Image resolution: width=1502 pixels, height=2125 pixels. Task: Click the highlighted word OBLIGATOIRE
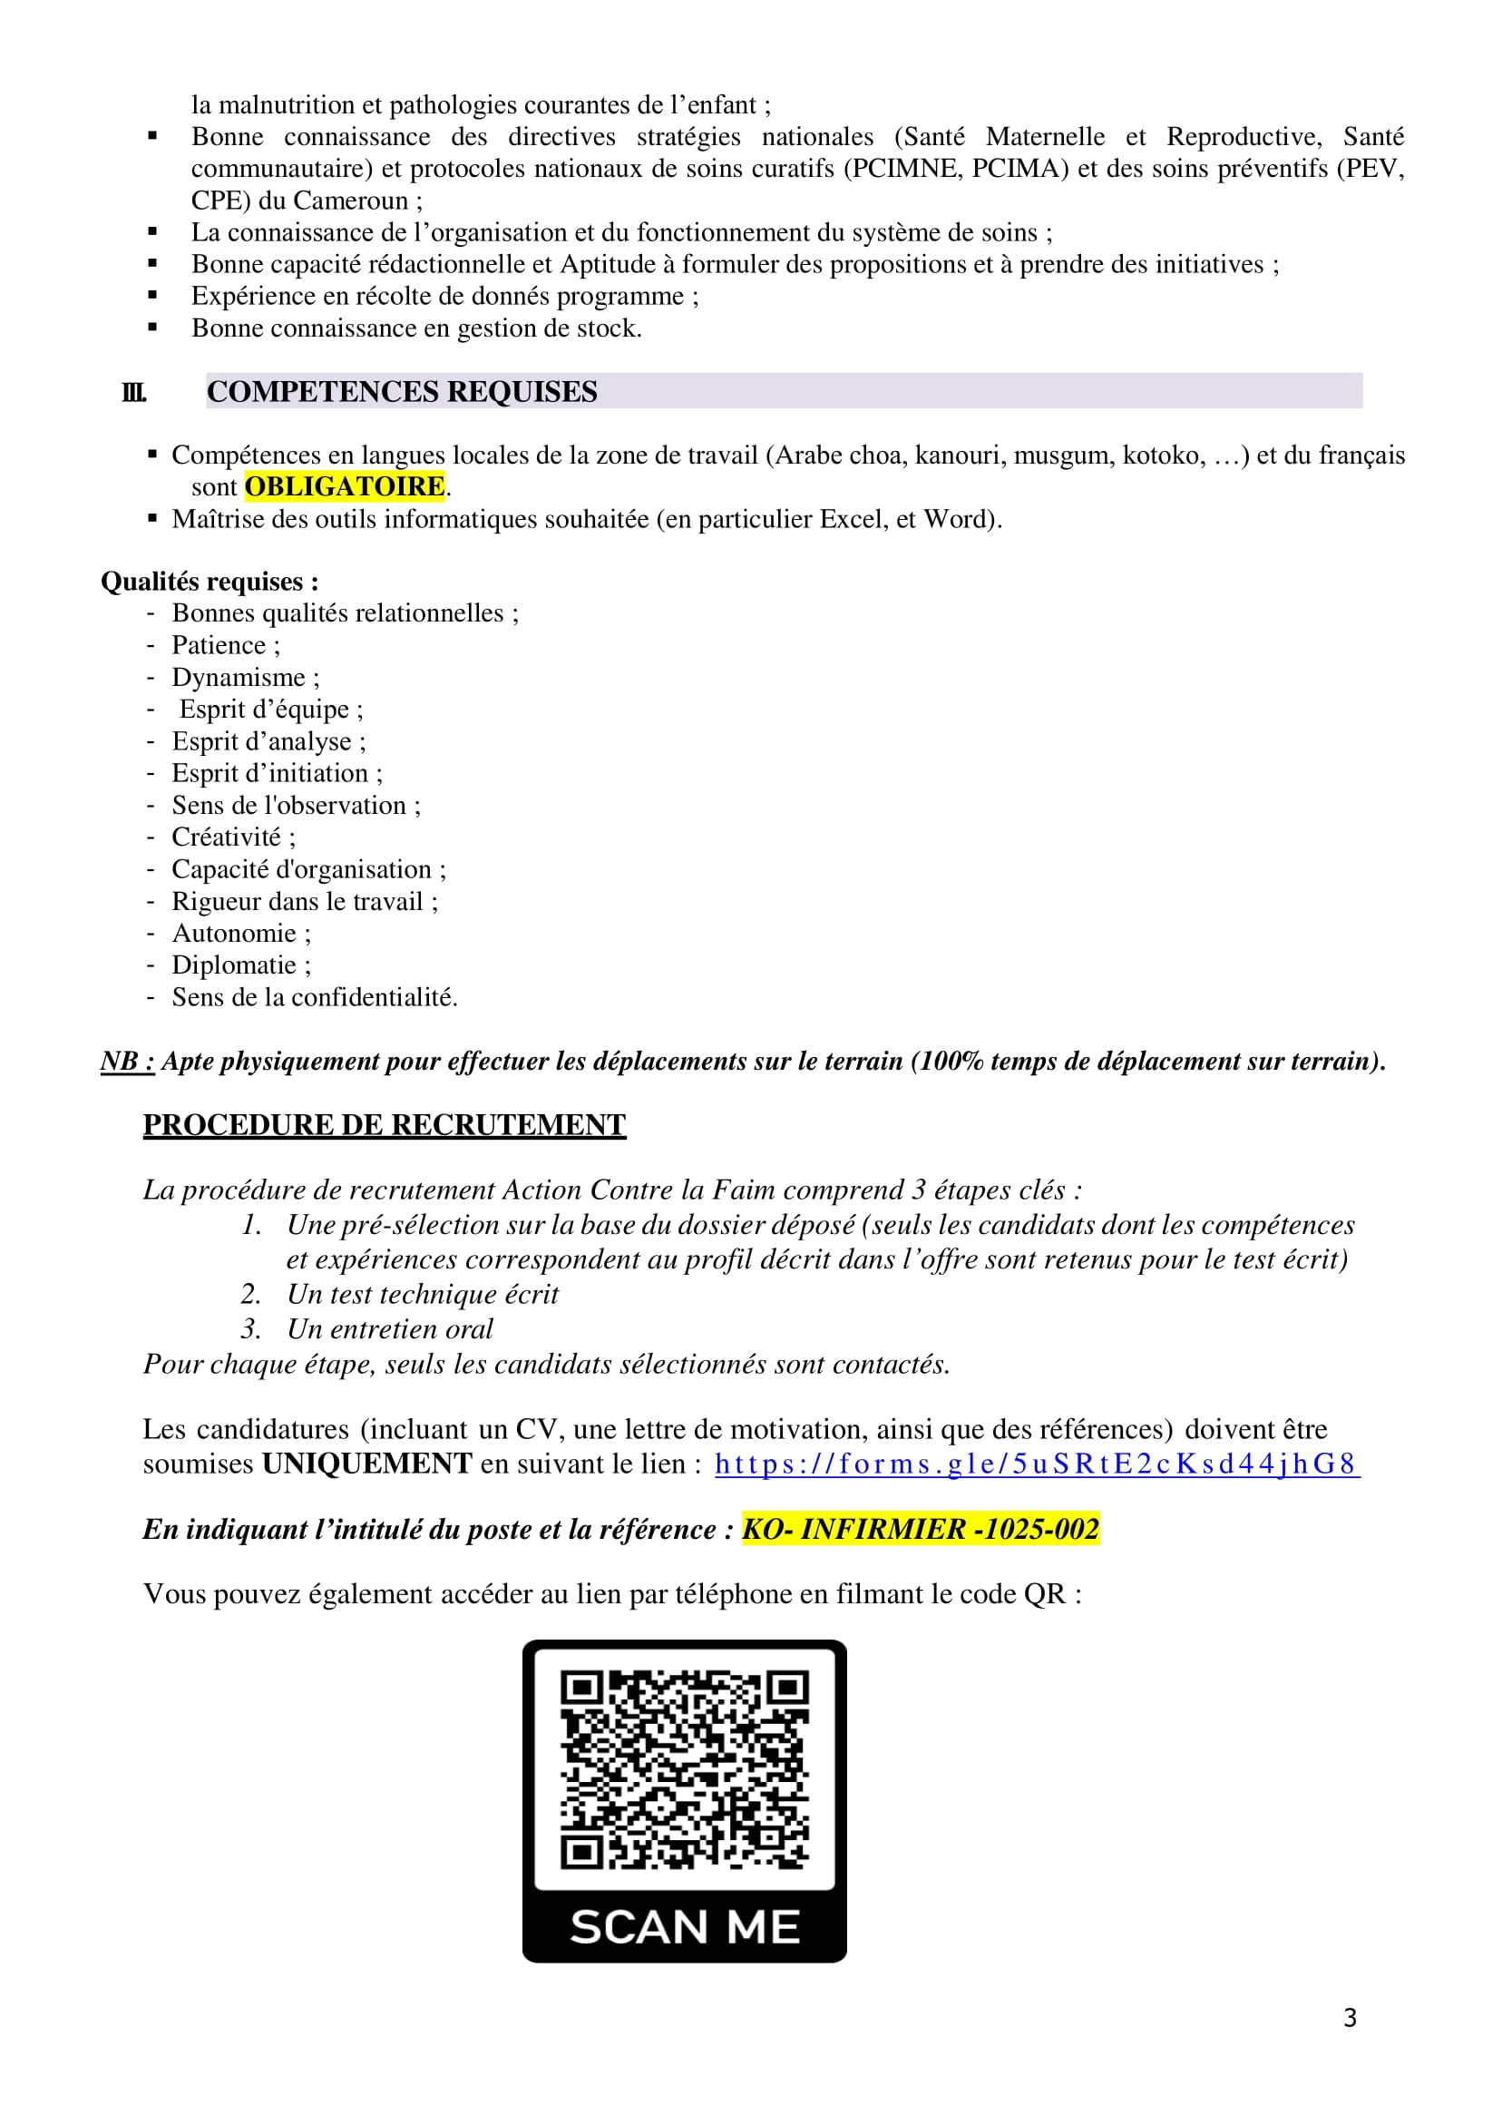[345, 487]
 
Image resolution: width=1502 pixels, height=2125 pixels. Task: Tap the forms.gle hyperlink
[1036, 1464]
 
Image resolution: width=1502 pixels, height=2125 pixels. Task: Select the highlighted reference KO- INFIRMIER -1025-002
[920, 1528]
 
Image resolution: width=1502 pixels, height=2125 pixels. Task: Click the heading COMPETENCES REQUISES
[402, 391]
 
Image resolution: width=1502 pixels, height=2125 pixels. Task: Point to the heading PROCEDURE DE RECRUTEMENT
[384, 1124]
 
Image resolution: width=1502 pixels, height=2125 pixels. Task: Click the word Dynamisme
[238, 678]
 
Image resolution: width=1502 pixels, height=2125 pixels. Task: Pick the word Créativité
[226, 837]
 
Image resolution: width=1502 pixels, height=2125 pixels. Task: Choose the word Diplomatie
[233, 965]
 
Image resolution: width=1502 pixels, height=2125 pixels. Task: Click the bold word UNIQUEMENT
[367, 1464]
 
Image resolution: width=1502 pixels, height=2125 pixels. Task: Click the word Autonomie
[233, 933]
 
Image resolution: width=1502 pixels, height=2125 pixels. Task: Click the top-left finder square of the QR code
[582, 1689]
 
